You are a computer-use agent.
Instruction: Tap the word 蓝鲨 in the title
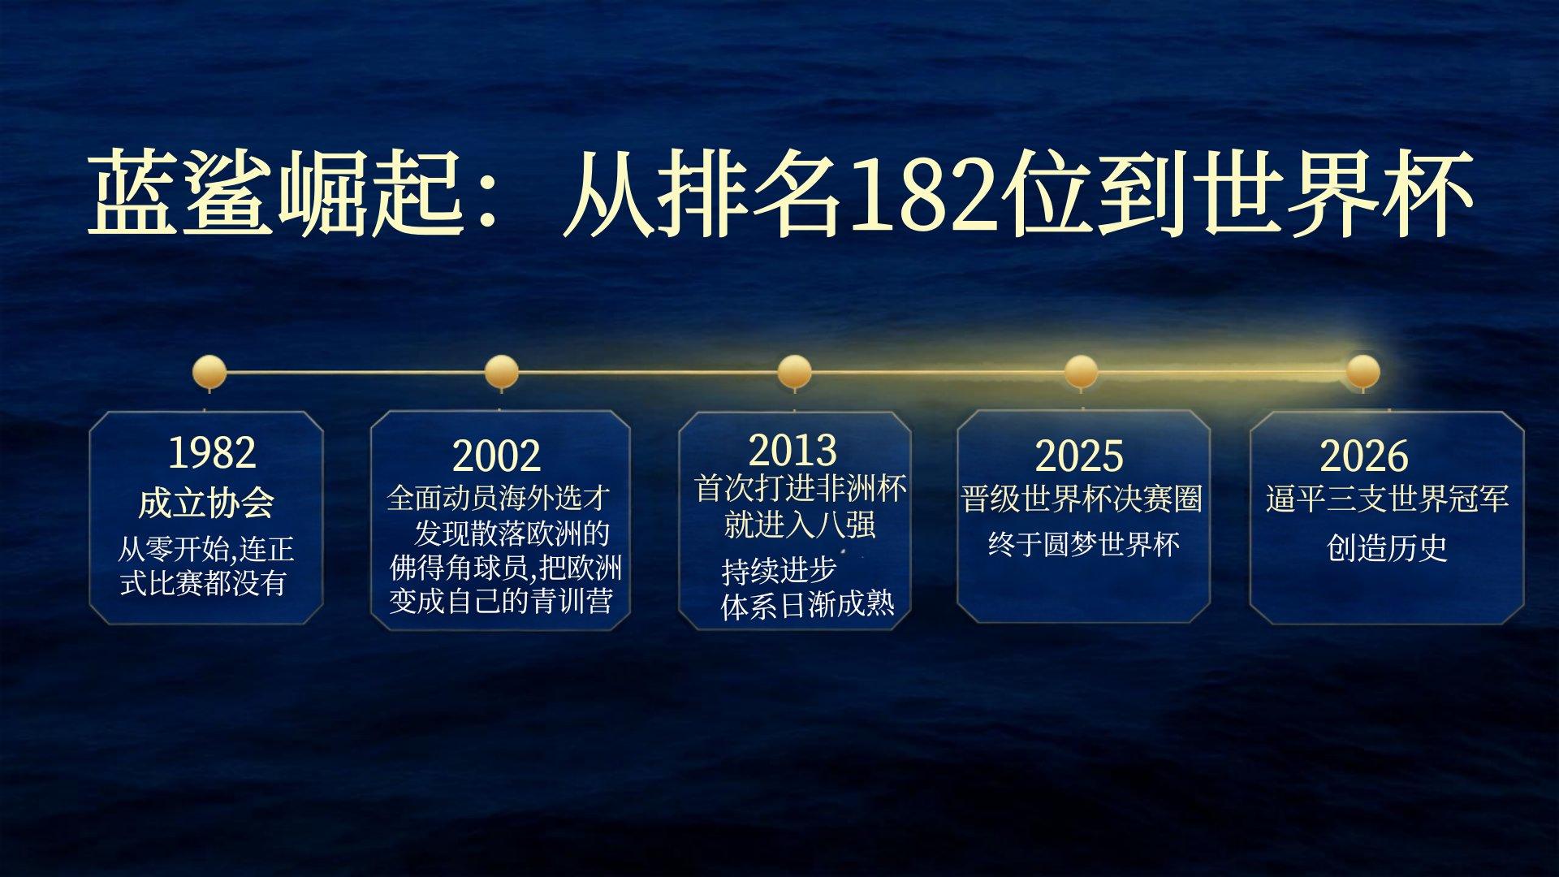pos(179,193)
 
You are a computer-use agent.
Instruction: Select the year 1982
pos(212,452)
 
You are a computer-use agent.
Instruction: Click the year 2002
pos(496,456)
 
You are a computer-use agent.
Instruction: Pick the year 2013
pos(792,450)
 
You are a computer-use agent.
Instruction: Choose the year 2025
pos(1079,456)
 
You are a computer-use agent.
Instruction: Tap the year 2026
pos(1364,456)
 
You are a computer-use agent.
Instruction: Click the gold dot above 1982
pos(209,372)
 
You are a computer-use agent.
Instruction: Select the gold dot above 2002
pos(501,372)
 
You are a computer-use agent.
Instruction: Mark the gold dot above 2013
pos(794,372)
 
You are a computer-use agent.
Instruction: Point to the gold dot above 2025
pos(1081,372)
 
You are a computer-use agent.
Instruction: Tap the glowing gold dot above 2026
pos(1363,372)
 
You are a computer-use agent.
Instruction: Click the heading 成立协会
pos(206,503)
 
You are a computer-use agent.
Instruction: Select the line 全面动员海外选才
pos(499,498)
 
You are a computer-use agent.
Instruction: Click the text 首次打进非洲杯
pos(801,488)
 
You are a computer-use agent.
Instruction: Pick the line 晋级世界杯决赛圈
pos(1082,499)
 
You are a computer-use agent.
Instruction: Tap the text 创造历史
pos(1387,548)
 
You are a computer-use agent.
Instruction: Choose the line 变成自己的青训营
pos(501,601)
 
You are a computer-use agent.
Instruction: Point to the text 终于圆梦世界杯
pos(1084,544)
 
